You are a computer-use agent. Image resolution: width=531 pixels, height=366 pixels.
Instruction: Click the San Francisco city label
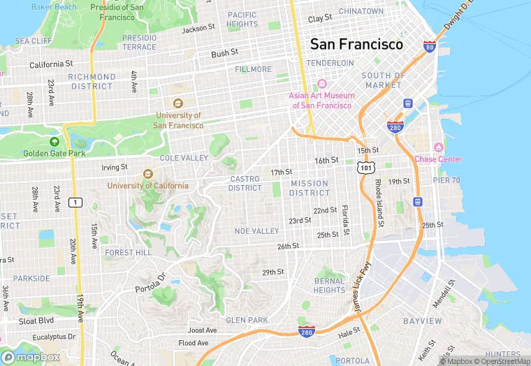pyautogui.click(x=356, y=44)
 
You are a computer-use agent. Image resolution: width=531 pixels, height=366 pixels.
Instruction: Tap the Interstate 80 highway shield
pyautogui.click(x=430, y=47)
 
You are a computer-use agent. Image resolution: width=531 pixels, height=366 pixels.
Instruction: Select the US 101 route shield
pyautogui.click(x=364, y=168)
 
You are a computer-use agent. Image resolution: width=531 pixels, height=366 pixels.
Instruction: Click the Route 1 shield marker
pyautogui.click(x=76, y=203)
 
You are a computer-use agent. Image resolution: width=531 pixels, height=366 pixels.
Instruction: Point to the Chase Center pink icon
pyautogui.click(x=438, y=147)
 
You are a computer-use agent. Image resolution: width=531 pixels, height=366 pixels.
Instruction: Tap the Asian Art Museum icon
pyautogui.click(x=322, y=84)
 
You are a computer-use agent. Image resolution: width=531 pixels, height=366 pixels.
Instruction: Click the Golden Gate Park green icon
pyautogui.click(x=54, y=141)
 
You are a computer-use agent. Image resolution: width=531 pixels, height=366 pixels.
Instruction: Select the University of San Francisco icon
pyautogui.click(x=178, y=104)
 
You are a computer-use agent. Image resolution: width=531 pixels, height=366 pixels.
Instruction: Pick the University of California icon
pyautogui.click(x=147, y=174)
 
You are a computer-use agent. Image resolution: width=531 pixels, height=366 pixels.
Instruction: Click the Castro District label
pyautogui.click(x=245, y=183)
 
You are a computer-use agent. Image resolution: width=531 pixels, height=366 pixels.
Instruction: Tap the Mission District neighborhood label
pyautogui.click(x=309, y=188)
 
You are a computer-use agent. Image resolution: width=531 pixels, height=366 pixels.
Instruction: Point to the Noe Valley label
pyautogui.click(x=256, y=231)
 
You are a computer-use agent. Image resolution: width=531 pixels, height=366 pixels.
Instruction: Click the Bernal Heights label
pyautogui.click(x=329, y=285)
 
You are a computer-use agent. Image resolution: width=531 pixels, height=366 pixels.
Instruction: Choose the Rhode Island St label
pyautogui.click(x=379, y=203)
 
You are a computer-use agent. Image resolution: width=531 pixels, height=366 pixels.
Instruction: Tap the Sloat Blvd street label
pyautogui.click(x=36, y=320)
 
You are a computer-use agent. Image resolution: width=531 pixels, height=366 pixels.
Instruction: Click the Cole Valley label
pyautogui.click(x=184, y=158)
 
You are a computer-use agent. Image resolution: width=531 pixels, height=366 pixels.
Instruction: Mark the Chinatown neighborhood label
pyautogui.click(x=361, y=11)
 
